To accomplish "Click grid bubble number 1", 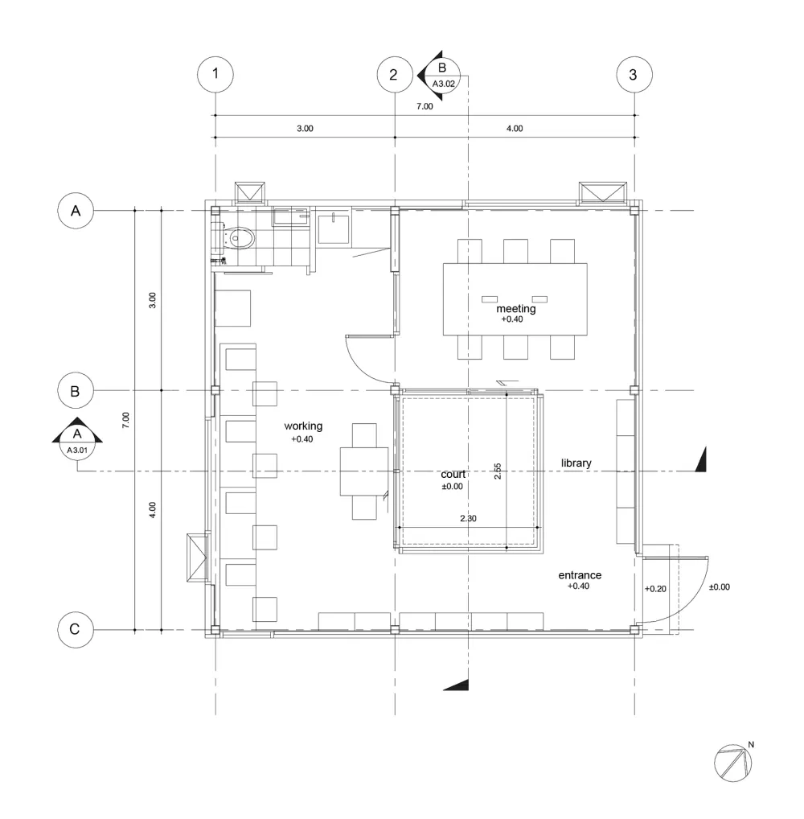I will point(215,75).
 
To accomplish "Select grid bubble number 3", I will point(634,75).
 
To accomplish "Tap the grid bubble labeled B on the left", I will point(76,391).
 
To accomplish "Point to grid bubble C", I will point(75,629).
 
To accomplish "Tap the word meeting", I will point(515,308).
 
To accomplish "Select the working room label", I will point(303,426).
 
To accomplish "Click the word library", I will point(576,463).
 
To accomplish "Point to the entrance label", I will point(580,575).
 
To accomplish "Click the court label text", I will point(453,475).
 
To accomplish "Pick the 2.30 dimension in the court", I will point(468,519).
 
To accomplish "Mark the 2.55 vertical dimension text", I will point(498,471).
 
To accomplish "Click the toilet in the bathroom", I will point(239,238).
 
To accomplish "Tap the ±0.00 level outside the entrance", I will point(719,587).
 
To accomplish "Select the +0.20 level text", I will point(655,588).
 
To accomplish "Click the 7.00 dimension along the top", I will point(424,106).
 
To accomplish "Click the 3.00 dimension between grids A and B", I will point(153,301).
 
